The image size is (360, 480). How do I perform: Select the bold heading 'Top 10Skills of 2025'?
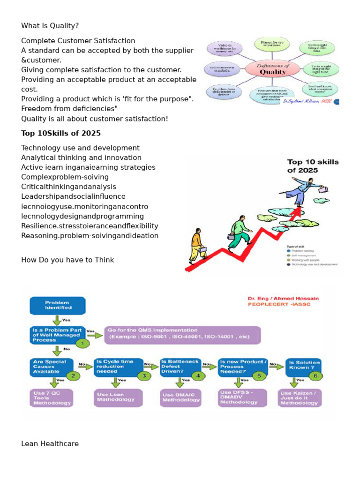(x=61, y=133)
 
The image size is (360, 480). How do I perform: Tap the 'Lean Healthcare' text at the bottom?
(x=50, y=443)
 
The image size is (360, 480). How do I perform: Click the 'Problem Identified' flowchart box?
(x=58, y=305)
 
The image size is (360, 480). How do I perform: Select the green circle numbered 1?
(x=82, y=343)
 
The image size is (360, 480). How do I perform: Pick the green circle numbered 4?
(x=198, y=375)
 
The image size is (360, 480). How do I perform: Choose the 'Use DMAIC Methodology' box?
(x=181, y=397)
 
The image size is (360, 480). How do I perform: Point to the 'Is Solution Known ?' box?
(x=304, y=366)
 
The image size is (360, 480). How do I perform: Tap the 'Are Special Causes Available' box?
(x=49, y=366)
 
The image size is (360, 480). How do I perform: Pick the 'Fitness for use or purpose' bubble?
(x=275, y=45)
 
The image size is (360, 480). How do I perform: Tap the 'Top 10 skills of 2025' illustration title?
(x=313, y=166)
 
